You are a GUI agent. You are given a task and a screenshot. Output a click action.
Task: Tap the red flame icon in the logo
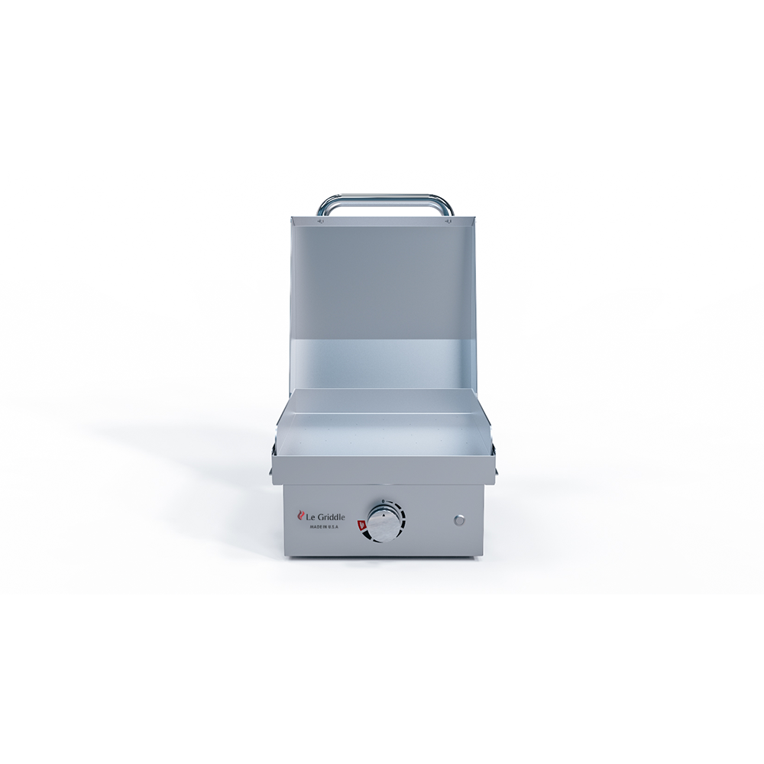301,517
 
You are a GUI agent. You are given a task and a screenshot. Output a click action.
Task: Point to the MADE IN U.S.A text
325,527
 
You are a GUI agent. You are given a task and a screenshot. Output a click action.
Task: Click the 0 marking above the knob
383,502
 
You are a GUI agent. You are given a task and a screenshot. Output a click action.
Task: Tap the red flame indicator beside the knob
361,524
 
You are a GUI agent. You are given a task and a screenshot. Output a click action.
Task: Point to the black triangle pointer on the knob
383,515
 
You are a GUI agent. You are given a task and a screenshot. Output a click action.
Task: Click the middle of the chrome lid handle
385,198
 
